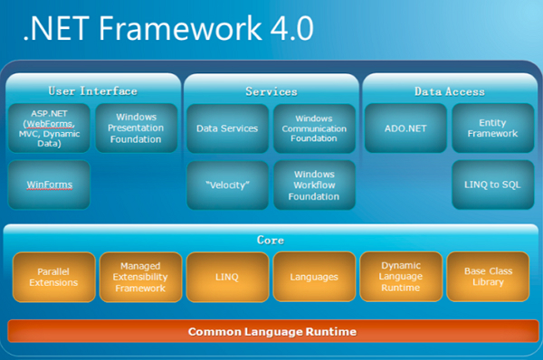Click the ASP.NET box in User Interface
(x=49, y=128)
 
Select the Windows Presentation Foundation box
(x=136, y=128)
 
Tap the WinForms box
(x=49, y=185)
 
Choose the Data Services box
(x=227, y=128)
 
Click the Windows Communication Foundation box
(x=314, y=128)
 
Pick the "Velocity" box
(x=227, y=185)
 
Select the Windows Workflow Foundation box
(x=314, y=185)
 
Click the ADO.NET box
(x=405, y=128)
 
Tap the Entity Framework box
(x=492, y=128)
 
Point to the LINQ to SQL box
(x=492, y=185)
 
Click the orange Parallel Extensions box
(x=52, y=277)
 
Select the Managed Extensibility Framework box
(x=139, y=277)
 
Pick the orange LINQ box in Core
(x=227, y=277)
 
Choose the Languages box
(x=314, y=277)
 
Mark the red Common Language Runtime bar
(x=271, y=332)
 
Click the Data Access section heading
(x=450, y=91)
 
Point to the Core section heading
(x=271, y=241)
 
